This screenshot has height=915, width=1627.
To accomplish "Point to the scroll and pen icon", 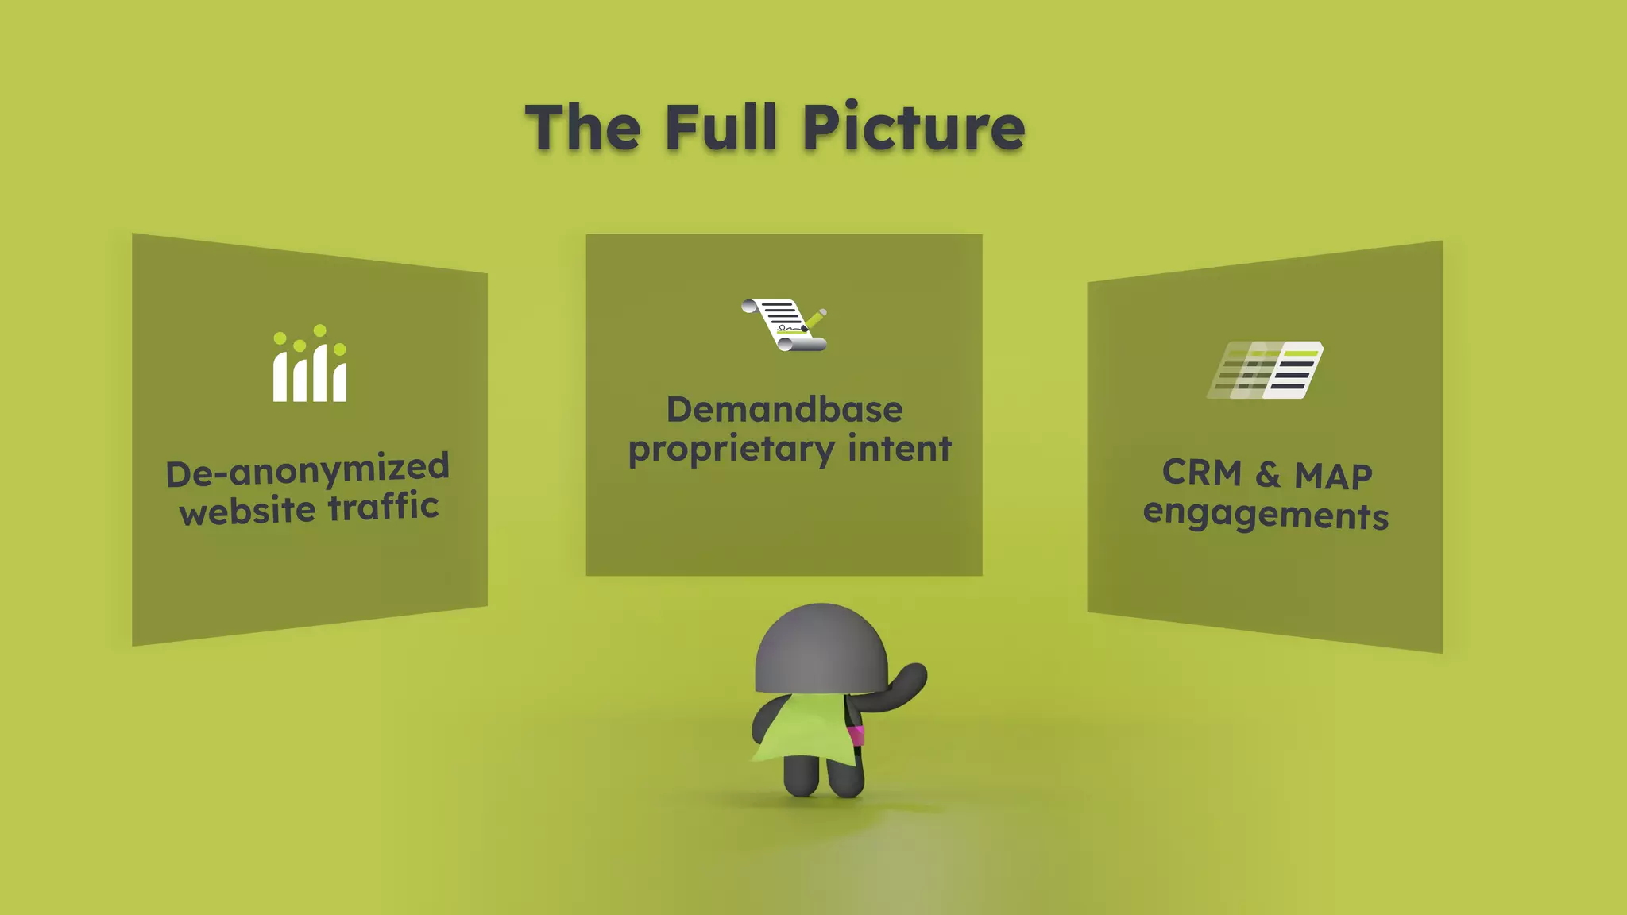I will click(785, 324).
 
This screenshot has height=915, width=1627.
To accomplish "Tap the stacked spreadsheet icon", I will click(1266, 370).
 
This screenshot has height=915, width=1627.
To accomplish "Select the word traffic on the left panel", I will click(383, 507).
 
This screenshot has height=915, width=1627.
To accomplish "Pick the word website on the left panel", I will click(248, 512).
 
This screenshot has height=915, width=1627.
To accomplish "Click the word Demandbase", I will click(784, 410).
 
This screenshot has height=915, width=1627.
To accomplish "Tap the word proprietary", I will click(731, 450).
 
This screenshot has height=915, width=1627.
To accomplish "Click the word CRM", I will click(1201, 473).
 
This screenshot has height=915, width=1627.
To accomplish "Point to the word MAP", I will click(1333, 477).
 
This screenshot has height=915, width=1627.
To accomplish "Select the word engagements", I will click(1266, 515).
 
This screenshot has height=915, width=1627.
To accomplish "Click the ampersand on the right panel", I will click(1268, 474).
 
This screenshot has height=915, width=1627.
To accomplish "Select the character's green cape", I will click(802, 731).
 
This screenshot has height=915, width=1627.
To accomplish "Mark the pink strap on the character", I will click(856, 735).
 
